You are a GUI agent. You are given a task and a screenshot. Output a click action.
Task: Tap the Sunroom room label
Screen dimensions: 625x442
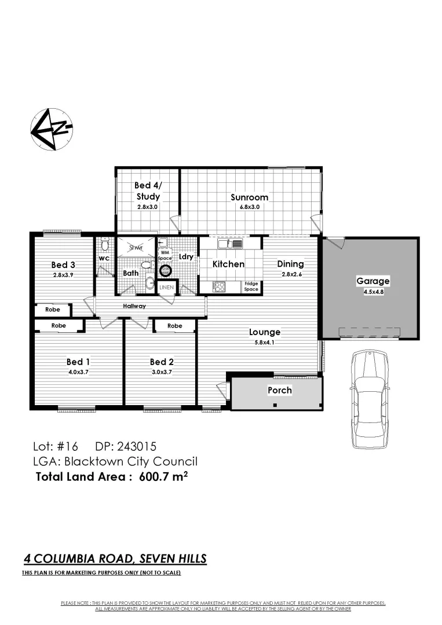249,197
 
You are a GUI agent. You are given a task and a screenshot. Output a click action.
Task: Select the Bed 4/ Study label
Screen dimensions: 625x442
147,191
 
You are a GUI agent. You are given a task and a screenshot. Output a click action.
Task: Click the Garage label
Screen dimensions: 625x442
372,281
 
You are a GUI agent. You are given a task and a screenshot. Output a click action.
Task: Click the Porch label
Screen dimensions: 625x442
279,390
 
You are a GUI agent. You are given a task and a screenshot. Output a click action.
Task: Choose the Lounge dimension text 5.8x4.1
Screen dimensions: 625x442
265,343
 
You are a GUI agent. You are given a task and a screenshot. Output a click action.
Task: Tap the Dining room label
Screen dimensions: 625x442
290,264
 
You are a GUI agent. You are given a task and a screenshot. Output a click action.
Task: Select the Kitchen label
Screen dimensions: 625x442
228,264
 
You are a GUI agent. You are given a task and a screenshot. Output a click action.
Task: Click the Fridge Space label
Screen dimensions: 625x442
251,286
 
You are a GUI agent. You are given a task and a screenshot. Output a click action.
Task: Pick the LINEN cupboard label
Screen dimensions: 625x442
167,287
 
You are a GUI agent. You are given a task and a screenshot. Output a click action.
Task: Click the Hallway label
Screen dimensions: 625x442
134,306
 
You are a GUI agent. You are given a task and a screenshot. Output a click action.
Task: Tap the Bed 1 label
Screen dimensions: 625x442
78,362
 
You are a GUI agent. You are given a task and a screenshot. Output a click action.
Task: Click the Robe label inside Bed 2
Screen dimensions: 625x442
174,326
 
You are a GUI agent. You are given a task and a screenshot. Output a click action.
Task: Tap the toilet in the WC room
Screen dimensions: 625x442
105,245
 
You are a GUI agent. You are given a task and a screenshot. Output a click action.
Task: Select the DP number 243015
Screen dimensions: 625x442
136,446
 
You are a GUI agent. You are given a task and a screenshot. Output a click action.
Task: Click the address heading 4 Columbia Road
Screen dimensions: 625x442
115,559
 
